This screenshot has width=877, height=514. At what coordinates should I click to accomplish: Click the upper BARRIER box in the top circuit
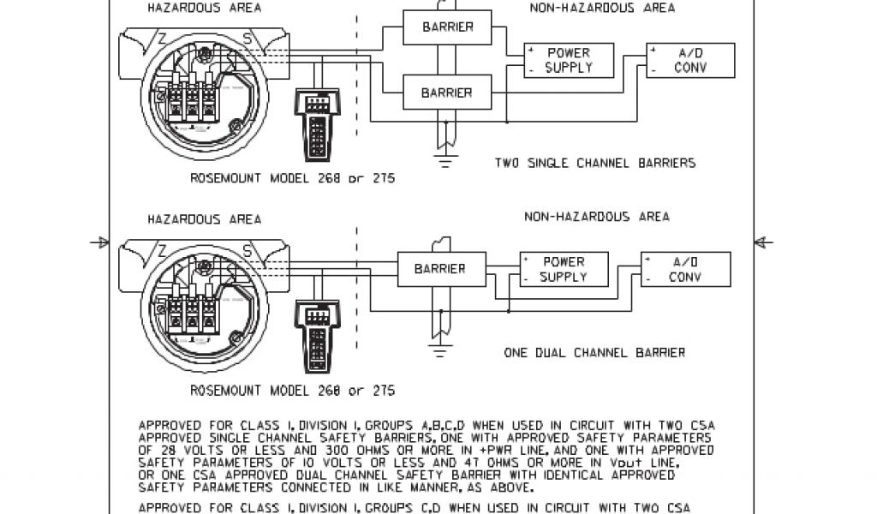[x=446, y=27]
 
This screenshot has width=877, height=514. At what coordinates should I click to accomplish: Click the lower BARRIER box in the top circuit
[x=446, y=93]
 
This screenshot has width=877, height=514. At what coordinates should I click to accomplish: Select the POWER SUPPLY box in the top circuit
[x=569, y=60]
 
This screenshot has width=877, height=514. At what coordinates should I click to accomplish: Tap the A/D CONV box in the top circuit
[x=689, y=60]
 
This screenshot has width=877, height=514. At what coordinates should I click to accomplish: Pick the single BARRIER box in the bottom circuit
[x=439, y=268]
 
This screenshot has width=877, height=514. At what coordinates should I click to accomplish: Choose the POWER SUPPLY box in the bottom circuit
[x=564, y=269]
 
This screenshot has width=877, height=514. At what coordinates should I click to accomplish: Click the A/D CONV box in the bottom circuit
[x=685, y=269]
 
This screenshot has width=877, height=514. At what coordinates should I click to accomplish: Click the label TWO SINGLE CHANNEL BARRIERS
[x=594, y=163]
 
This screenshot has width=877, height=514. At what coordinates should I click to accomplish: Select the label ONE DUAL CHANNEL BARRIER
[x=594, y=352]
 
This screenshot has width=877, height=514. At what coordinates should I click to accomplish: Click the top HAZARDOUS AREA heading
[x=205, y=8]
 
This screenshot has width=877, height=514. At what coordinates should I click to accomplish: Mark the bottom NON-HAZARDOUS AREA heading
[x=597, y=217]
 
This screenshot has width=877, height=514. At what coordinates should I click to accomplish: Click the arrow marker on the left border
[x=100, y=243]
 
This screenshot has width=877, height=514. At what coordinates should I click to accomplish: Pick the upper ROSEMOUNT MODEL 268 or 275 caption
[x=292, y=179]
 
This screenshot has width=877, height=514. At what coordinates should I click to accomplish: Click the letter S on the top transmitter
[x=248, y=39]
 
